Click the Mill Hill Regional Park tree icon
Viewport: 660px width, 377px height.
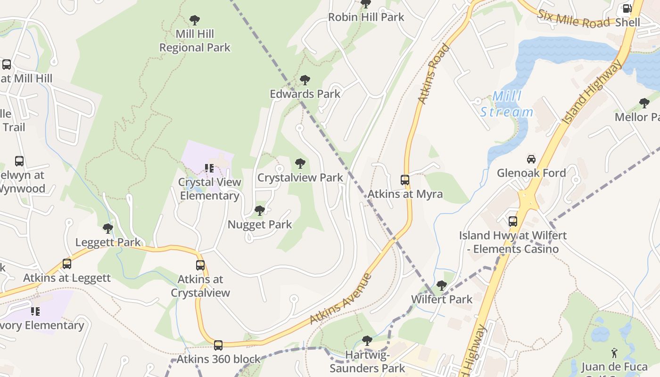(x=194, y=20)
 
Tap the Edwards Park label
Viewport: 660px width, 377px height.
(x=305, y=94)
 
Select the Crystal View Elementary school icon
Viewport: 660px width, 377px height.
(x=209, y=168)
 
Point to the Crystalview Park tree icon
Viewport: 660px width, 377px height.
(x=300, y=164)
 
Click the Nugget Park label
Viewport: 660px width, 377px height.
(x=260, y=224)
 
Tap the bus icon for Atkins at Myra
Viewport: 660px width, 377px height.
(x=405, y=180)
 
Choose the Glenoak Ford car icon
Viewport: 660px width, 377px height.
(x=531, y=159)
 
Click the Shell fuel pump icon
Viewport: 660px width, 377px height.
(x=627, y=8)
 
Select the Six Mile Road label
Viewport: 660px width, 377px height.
(x=573, y=19)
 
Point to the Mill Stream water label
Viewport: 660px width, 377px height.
(x=507, y=104)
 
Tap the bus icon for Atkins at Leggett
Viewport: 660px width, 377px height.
(x=67, y=263)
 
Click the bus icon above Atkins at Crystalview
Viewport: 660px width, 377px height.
(x=200, y=265)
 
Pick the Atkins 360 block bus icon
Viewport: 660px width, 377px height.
(x=218, y=345)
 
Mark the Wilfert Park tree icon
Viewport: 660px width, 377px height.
(x=442, y=285)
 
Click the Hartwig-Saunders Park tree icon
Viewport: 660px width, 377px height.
(x=367, y=340)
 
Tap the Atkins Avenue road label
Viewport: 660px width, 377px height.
(x=341, y=298)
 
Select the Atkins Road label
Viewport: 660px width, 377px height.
(x=433, y=74)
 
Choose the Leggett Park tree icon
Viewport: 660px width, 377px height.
(x=108, y=229)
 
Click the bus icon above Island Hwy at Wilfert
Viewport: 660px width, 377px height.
(x=512, y=221)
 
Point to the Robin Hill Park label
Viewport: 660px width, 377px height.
(x=366, y=17)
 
